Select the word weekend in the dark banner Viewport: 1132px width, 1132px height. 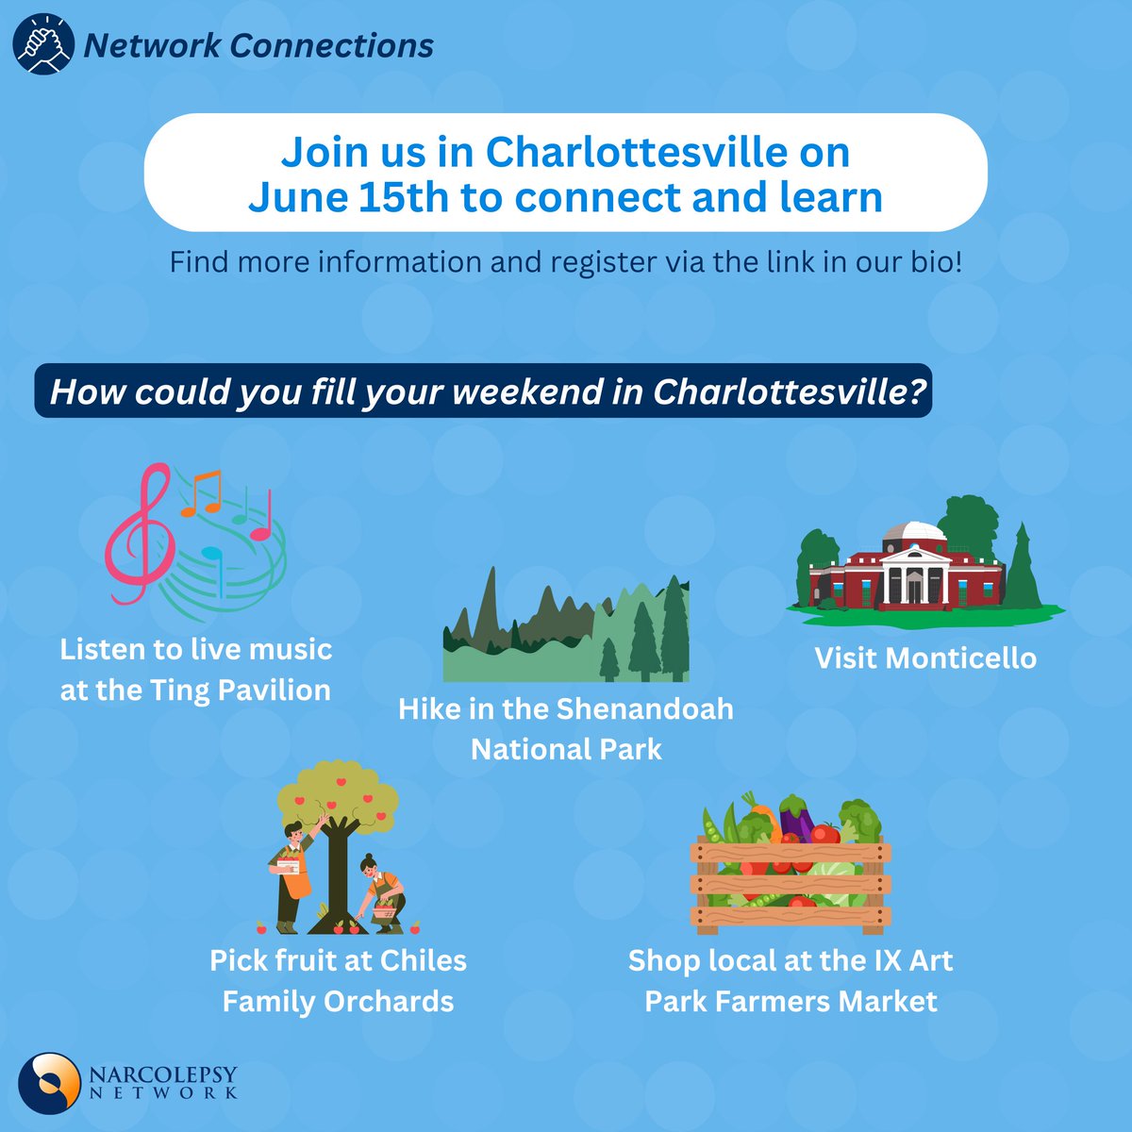click(512, 391)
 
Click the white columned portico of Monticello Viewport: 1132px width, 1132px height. click(912, 574)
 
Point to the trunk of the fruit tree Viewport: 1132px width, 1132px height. click(337, 868)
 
